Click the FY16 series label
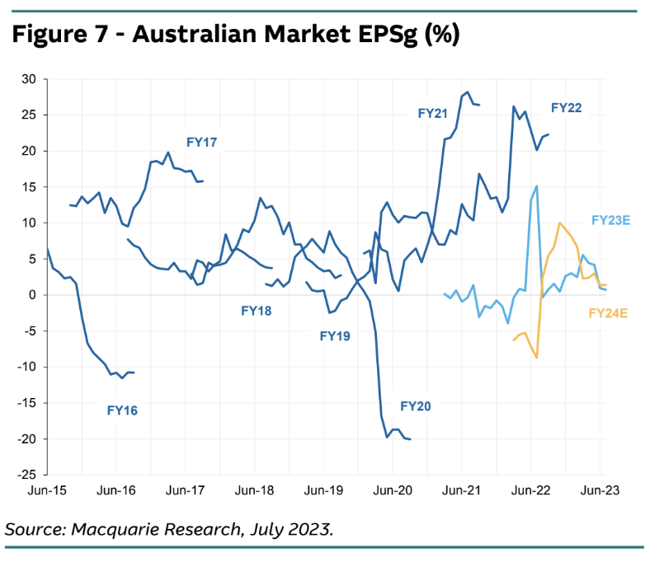coord(122,409)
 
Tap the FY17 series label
coord(201,142)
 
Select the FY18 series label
coord(257,311)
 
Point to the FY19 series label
coord(335,335)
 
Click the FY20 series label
coord(416,405)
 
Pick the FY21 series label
coord(432,114)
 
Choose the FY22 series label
coord(567,108)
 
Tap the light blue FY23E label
coord(610,220)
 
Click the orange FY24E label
coord(609,312)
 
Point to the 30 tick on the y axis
coord(29,79)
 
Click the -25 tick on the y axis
coord(27,475)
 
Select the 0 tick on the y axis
coord(32,295)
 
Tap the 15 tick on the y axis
coord(29,187)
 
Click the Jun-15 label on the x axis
coord(46,490)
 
